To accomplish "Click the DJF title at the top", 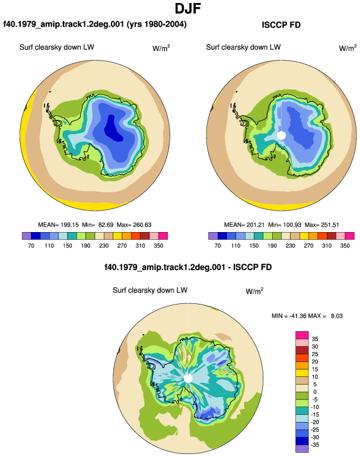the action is click(188, 8).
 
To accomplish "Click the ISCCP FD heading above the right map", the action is click(281, 25).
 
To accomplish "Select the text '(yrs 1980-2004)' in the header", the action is click(157, 24).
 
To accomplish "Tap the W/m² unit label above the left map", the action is click(161, 48).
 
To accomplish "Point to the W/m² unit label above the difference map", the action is click(254, 291).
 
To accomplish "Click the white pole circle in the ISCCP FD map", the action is click(281, 135).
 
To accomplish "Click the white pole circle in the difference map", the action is click(189, 379).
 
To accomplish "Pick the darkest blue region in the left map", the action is click(114, 129).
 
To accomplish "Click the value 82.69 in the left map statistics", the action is click(106, 225).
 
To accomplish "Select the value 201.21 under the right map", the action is click(256, 225).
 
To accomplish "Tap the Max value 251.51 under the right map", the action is click(330, 225).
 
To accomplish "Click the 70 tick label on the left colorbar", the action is click(31, 245).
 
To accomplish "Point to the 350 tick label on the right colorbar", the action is click(345, 245).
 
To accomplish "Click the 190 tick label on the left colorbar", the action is click(85, 245).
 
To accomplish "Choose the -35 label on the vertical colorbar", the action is click(315, 445).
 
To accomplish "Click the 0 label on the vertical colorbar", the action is click(315, 392).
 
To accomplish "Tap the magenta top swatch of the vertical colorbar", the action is click(302, 335).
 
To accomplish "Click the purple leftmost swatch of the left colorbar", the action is click(27, 236).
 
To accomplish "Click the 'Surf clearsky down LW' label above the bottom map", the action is click(150, 290).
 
